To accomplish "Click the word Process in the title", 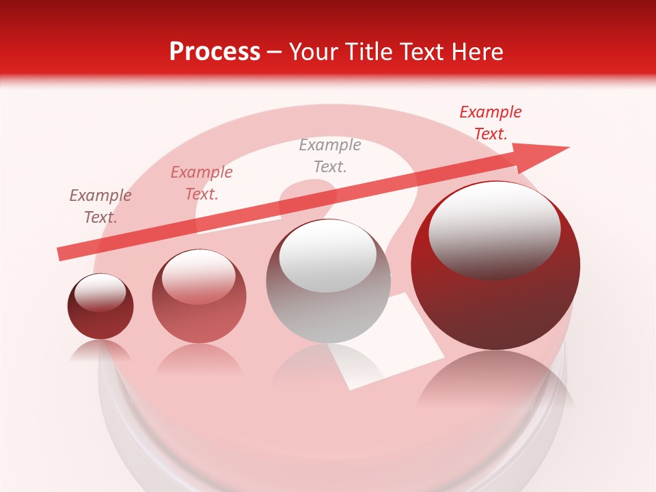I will point(215,52).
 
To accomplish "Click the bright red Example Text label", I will point(490,123).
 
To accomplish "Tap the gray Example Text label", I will point(329,156).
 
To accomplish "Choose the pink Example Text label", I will point(202,183).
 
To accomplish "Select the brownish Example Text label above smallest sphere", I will point(100,206).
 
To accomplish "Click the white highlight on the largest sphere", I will point(494,229).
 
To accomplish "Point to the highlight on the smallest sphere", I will point(100,292).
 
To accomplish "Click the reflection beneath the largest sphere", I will point(495,383).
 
